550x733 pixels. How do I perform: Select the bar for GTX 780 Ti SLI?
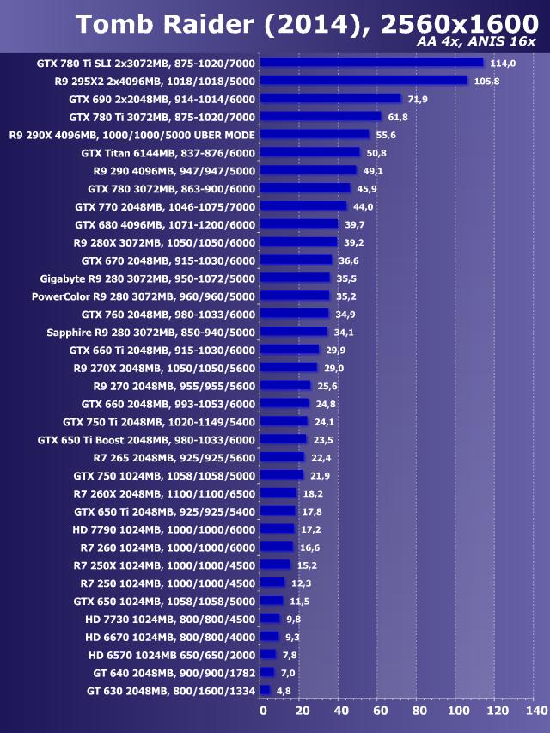pyautogui.click(x=371, y=63)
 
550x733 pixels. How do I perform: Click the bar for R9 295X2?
pyautogui.click(x=364, y=81)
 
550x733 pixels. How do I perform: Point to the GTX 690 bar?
pyautogui.click(x=331, y=99)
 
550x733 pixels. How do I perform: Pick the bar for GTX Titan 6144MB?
pyautogui.click(x=310, y=153)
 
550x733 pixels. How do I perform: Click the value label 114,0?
pyautogui.click(x=502, y=63)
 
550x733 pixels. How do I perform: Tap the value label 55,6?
pyautogui.click(x=386, y=135)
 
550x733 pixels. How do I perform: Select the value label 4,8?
pyautogui.click(x=284, y=690)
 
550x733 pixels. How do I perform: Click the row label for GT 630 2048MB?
pyautogui.click(x=171, y=690)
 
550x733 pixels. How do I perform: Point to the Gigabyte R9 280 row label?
pyautogui.click(x=148, y=278)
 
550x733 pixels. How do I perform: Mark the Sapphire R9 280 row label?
pyautogui.click(x=151, y=332)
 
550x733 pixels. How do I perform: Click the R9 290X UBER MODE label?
pyautogui.click(x=132, y=135)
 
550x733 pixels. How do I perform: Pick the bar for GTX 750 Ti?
pyautogui.click(x=284, y=421)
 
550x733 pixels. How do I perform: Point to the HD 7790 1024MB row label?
pyautogui.click(x=164, y=528)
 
